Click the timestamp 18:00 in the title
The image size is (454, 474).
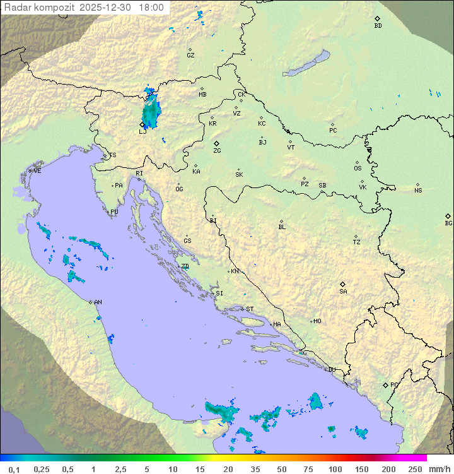[151, 8]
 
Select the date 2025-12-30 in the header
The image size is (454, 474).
[108, 8]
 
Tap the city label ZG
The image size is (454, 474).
[217, 151]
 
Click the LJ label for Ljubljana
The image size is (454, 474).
[143, 131]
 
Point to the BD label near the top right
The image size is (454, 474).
[378, 26]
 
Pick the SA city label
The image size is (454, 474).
[343, 291]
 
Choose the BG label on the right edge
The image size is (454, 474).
[448, 223]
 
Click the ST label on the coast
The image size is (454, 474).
[250, 309]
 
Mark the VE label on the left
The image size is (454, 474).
[37, 171]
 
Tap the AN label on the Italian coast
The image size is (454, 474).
[98, 302]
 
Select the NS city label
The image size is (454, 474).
[418, 191]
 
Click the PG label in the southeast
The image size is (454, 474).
[394, 384]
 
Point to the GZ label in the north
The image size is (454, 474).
[190, 56]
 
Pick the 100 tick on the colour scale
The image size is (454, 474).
[335, 469]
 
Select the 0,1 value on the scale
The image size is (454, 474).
[14, 469]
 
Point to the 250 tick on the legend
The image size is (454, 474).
[415, 469]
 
